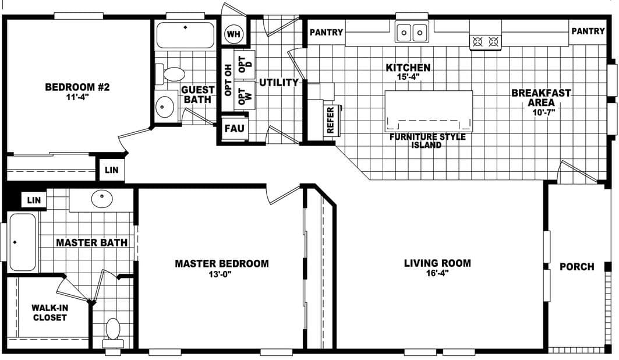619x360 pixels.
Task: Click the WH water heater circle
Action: coord(234,34)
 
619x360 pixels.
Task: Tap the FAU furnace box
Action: coord(234,128)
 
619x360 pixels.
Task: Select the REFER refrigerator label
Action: coord(331,120)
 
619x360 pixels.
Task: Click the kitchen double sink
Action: coord(412,33)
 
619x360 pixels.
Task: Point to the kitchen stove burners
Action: coord(486,41)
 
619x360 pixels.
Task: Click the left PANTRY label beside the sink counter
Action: coord(326,33)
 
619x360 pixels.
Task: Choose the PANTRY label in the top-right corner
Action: coord(588,31)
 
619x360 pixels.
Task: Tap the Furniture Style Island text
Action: coord(427,141)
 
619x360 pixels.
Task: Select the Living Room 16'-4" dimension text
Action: coord(437,274)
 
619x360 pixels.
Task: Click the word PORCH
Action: coord(576,267)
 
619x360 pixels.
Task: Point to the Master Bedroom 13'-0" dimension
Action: coord(222,275)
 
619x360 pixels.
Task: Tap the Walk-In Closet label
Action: coord(49,312)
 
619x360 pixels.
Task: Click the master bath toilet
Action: coord(113,331)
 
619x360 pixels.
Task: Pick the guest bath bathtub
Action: coord(185,35)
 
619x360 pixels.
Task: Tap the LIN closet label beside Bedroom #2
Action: coord(111,170)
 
